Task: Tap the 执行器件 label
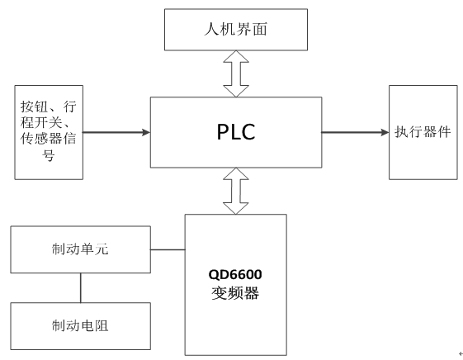(423, 131)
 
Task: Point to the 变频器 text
(236, 293)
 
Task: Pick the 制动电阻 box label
(80, 324)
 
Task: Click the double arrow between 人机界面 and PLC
(235, 73)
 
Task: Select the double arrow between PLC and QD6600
(235, 191)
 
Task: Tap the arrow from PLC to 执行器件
(355, 131)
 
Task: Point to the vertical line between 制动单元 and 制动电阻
(80, 287)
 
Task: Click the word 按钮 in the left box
(36, 108)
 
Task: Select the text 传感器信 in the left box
(50, 140)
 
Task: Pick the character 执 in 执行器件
(401, 131)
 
